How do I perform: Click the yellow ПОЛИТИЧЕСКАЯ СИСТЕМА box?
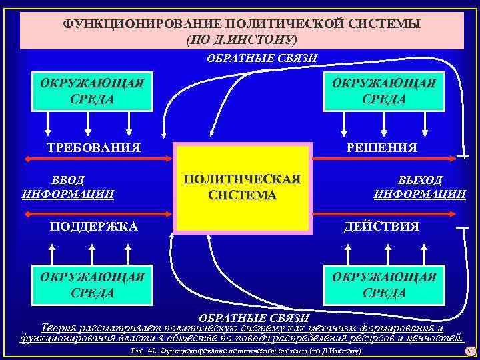point(242,187)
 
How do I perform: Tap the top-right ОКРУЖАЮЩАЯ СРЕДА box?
point(383,92)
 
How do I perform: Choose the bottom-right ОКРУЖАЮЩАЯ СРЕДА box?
point(383,285)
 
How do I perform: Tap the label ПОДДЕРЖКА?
point(94,227)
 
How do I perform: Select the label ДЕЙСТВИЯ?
point(381,227)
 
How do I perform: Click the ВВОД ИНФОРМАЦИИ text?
point(68,187)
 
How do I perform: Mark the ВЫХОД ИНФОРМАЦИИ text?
point(420,187)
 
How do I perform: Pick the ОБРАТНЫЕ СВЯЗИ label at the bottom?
point(255,317)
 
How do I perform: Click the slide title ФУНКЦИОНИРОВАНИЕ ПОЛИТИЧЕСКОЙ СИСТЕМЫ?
point(241,24)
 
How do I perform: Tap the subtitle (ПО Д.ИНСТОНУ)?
point(241,39)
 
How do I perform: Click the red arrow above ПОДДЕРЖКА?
point(97,214)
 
